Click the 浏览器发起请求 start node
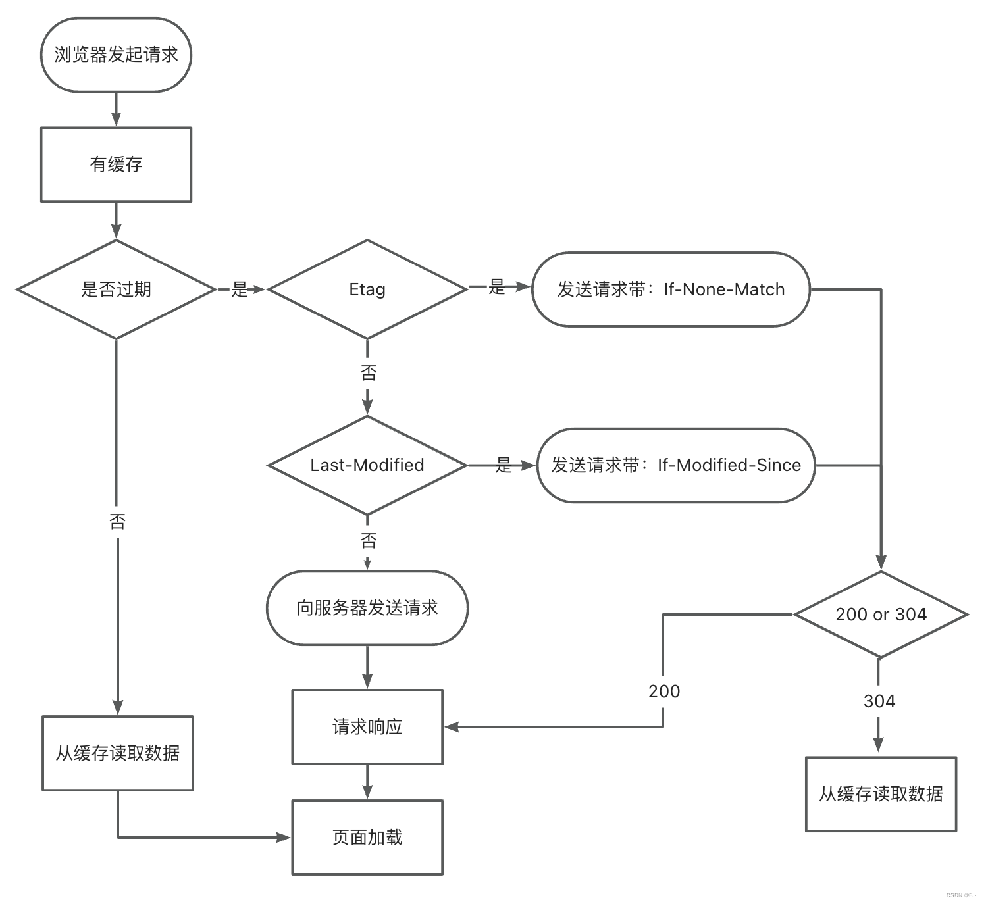pyautogui.click(x=116, y=55)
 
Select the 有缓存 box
pyautogui.click(x=116, y=164)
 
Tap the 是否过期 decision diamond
pyautogui.click(x=116, y=289)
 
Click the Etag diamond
pyautogui.click(x=367, y=289)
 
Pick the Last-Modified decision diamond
pyautogui.click(x=367, y=465)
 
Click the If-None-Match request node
pyautogui.click(x=671, y=289)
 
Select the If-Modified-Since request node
pyautogui.click(x=676, y=465)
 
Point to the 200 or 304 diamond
pyautogui.click(x=881, y=614)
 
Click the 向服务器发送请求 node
pyautogui.click(x=367, y=608)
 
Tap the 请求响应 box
pyautogui.click(x=367, y=727)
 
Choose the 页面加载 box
pyautogui.click(x=367, y=838)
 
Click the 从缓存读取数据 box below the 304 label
pyautogui.click(x=881, y=794)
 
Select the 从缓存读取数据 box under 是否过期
pyautogui.click(x=117, y=753)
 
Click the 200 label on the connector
pyautogui.click(x=664, y=691)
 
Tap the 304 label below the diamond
pyautogui.click(x=879, y=701)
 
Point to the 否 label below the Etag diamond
pyautogui.click(x=368, y=373)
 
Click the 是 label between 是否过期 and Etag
pyautogui.click(x=240, y=289)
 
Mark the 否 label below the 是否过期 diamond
pyautogui.click(x=117, y=521)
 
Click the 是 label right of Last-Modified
pyautogui.click(x=504, y=465)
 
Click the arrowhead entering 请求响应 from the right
pyautogui.click(x=452, y=727)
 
